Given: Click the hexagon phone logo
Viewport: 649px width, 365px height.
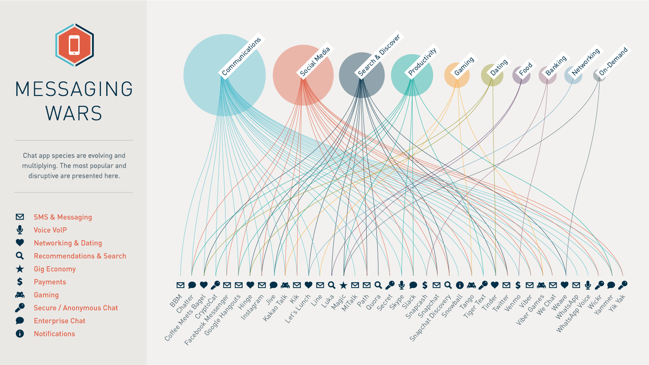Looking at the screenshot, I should pos(75,45).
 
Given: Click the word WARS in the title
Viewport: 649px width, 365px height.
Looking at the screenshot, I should pos(74,113).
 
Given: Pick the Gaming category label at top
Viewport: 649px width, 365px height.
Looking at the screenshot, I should pos(464,66).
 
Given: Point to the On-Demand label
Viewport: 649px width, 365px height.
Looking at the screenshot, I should pos(613,61).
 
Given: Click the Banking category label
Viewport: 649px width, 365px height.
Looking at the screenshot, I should pos(556,65).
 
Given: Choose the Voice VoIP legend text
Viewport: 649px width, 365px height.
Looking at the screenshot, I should pos(50,230).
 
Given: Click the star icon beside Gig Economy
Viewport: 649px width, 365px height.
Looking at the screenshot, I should pos(20,269).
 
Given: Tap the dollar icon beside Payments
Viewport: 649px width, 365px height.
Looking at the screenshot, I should pos(20,282).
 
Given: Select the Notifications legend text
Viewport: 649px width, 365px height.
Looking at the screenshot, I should pos(54,334).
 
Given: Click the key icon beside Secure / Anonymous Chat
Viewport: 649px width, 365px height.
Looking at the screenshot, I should pos(20,308).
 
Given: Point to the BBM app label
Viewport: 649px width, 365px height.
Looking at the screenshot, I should pos(176,301).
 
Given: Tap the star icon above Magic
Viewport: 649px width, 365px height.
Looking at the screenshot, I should pos(343,285).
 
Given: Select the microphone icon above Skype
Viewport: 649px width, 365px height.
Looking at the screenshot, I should pos(402,285).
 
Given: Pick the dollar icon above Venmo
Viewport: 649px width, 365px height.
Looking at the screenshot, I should pos(518,285).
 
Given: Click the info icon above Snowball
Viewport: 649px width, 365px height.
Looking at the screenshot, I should pos(460,285).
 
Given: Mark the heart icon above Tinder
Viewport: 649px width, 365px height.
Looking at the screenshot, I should pos(494,285).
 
